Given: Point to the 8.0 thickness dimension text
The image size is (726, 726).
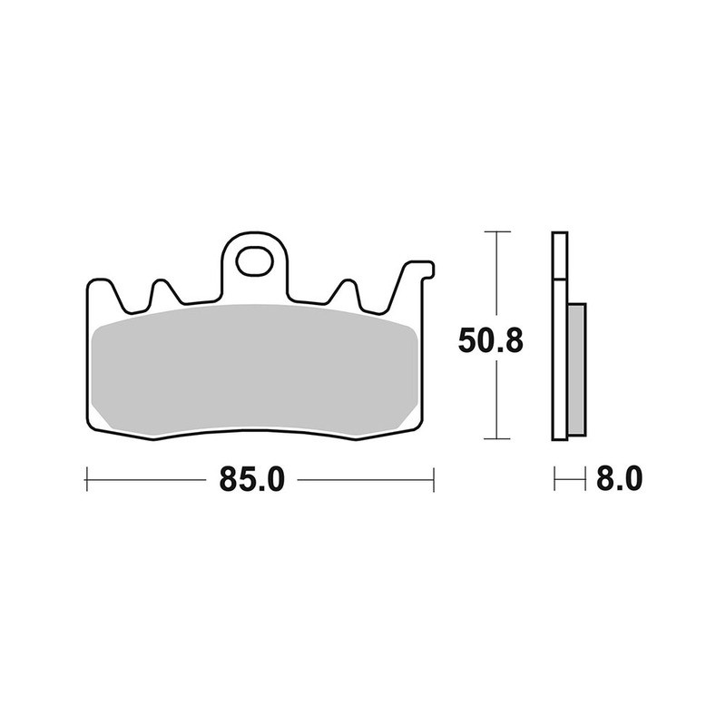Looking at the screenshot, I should pyautogui.click(x=620, y=477).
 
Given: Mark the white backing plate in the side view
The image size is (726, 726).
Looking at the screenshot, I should pyautogui.click(x=560, y=336).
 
